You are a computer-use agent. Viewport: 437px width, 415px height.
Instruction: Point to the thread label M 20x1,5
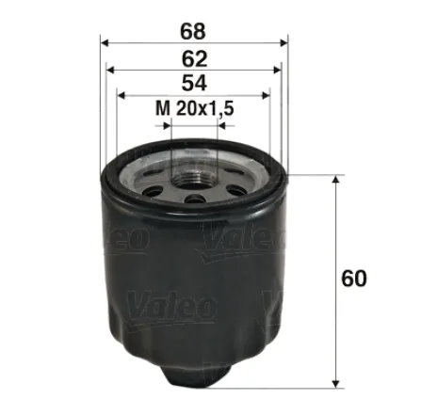click(x=194, y=109)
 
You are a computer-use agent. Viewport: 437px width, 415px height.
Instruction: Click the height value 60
click(x=355, y=279)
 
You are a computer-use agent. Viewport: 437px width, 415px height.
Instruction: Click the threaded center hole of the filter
click(x=195, y=170)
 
